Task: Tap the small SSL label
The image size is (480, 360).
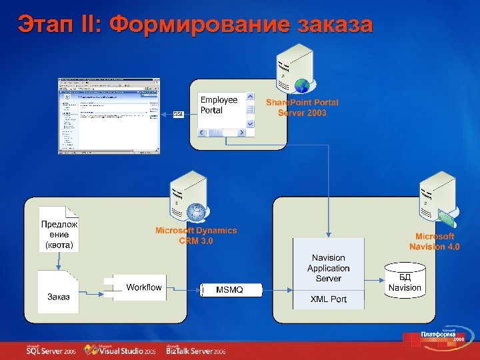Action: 178,114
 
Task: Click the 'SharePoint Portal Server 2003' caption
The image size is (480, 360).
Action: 302,108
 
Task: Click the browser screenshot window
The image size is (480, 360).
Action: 109,115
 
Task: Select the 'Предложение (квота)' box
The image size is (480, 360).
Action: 59,235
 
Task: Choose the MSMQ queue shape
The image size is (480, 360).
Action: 229,290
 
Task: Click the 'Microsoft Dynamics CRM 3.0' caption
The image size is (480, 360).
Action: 196,235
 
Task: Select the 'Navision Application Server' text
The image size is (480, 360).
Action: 329,268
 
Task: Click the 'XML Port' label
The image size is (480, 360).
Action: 329,299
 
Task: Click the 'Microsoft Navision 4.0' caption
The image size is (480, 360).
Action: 435,241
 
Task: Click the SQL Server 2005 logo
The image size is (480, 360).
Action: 51,349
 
